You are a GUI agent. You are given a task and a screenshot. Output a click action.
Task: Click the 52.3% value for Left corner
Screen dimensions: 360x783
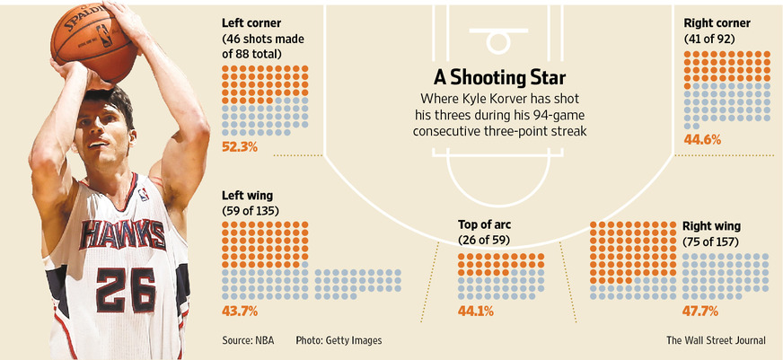pos(240,146)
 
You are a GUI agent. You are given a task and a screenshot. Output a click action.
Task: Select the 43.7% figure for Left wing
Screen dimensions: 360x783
pos(240,311)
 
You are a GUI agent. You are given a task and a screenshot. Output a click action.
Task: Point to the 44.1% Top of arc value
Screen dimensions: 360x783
pos(477,312)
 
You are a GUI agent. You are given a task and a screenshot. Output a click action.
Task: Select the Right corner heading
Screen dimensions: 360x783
pos(717,22)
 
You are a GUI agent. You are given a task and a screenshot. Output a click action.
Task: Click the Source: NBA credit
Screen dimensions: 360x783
pos(250,340)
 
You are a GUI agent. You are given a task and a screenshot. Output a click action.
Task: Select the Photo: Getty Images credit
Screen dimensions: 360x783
pos(339,340)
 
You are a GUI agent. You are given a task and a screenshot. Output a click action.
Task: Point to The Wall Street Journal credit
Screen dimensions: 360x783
pos(716,340)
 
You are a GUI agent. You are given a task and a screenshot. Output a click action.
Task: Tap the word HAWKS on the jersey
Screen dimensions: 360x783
pos(122,235)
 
